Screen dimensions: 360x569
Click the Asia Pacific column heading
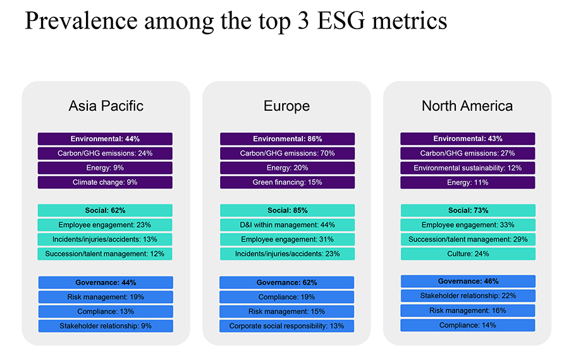coord(106,106)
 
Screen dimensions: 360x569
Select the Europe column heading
coord(286,106)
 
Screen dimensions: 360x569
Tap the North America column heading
coord(467,106)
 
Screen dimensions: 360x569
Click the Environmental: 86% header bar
coord(287,139)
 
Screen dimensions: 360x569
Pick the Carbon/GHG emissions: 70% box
coord(287,153)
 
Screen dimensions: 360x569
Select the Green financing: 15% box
coord(287,182)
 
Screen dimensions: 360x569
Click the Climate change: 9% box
coord(105,182)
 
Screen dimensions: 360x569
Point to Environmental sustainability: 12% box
coord(468,168)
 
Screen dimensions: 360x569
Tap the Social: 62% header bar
coord(105,210)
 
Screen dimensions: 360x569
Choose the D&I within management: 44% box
coord(287,225)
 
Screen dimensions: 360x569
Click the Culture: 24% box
coord(468,254)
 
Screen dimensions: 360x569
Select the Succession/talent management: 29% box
coord(468,239)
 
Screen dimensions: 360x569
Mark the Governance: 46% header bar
coord(468,281)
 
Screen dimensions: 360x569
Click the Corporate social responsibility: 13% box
coord(287,326)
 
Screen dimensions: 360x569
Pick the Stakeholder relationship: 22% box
coord(468,295)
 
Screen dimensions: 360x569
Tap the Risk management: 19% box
coord(105,297)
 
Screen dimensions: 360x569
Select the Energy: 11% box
coord(468,182)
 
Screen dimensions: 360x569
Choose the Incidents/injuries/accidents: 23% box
coord(287,254)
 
